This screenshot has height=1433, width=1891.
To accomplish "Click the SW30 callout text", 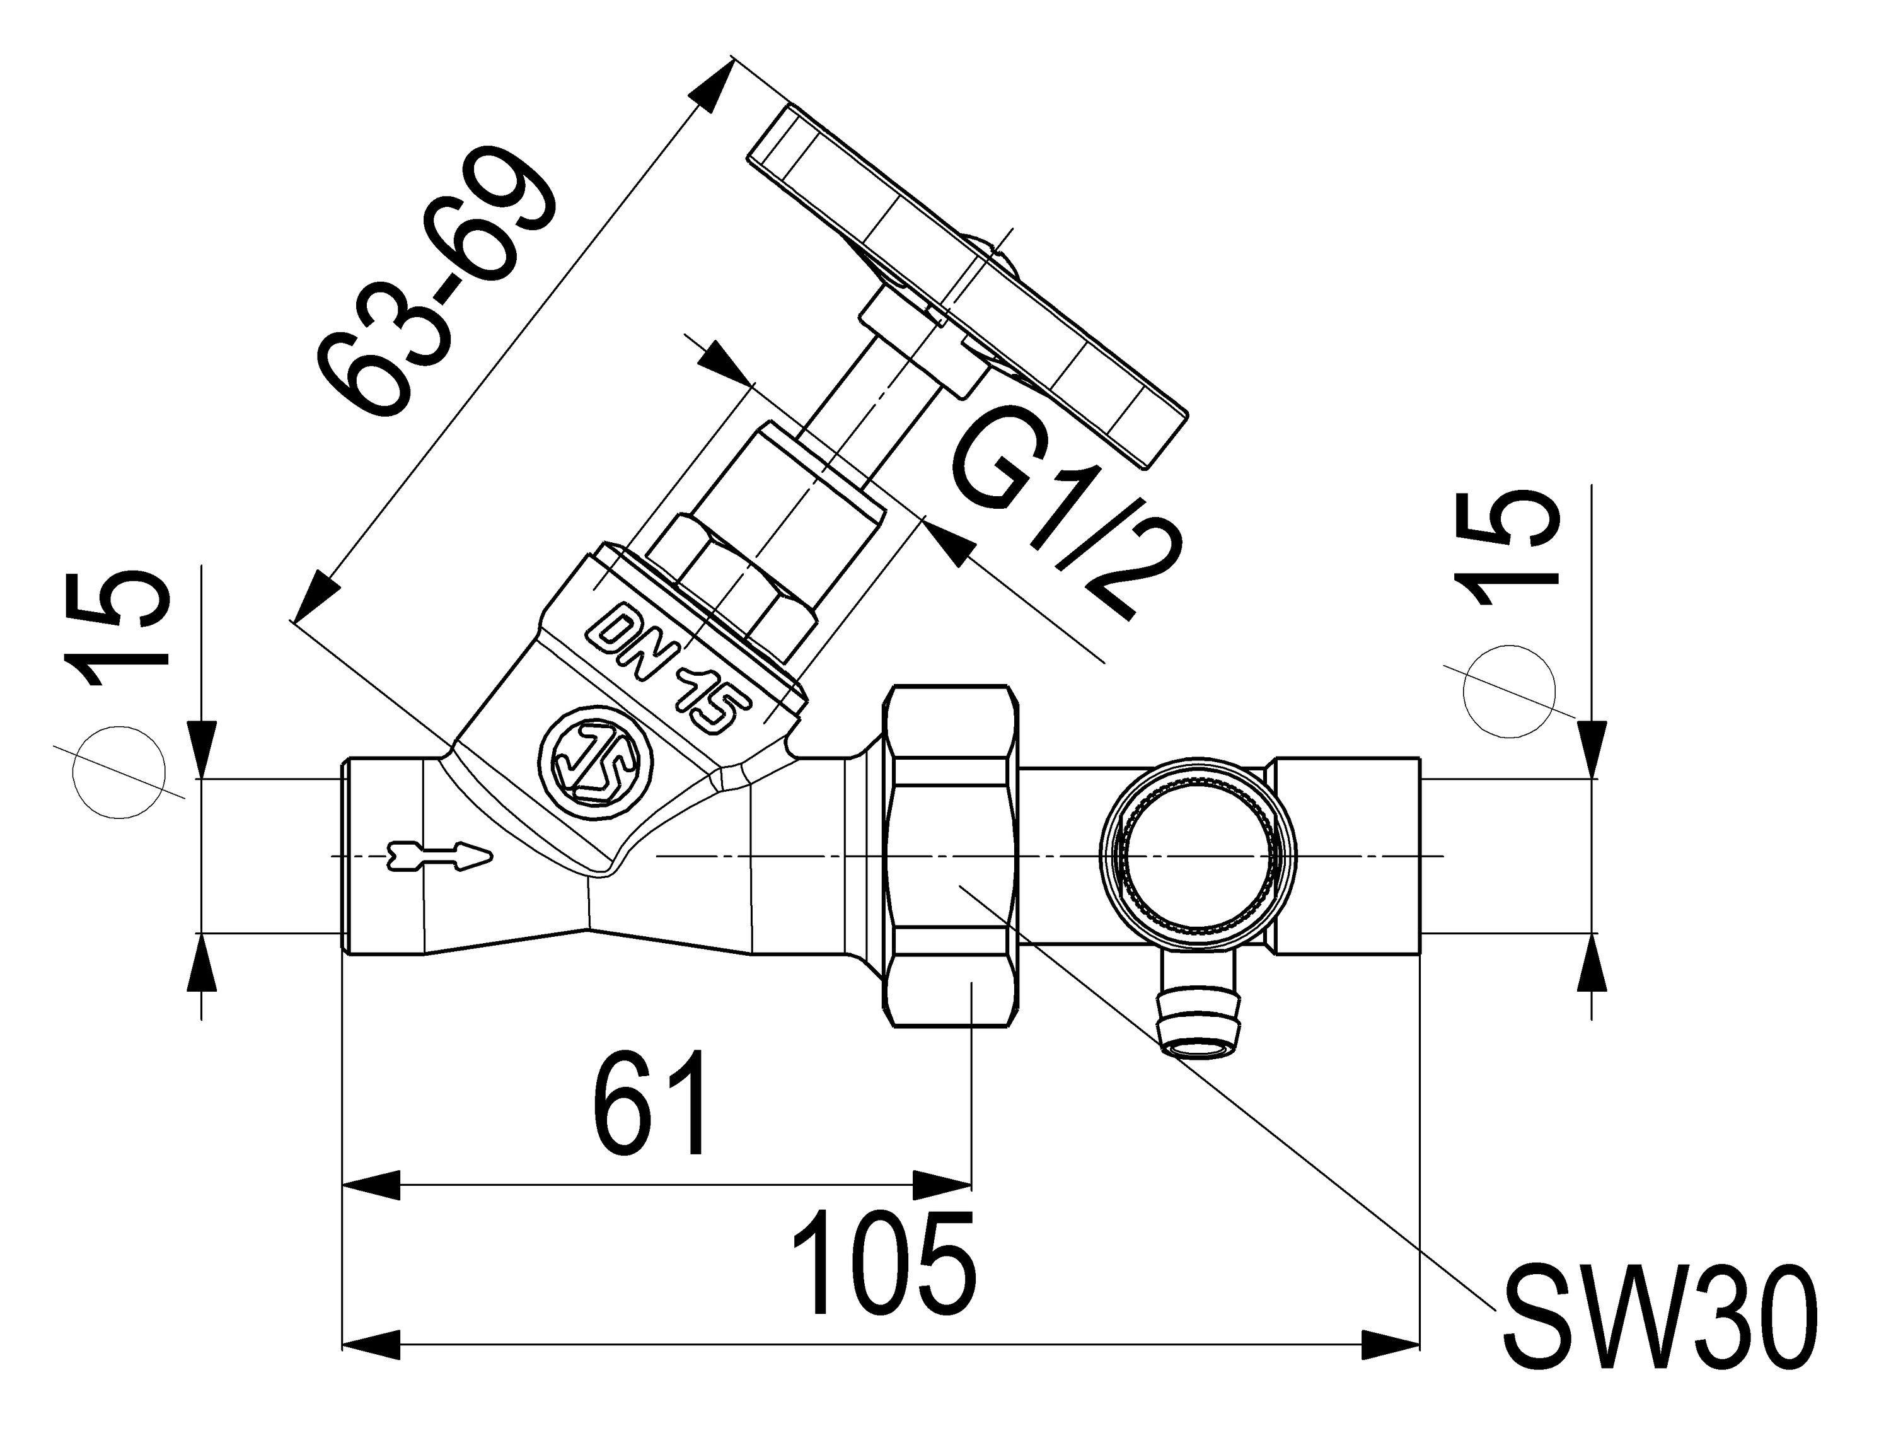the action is [1659, 1329].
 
